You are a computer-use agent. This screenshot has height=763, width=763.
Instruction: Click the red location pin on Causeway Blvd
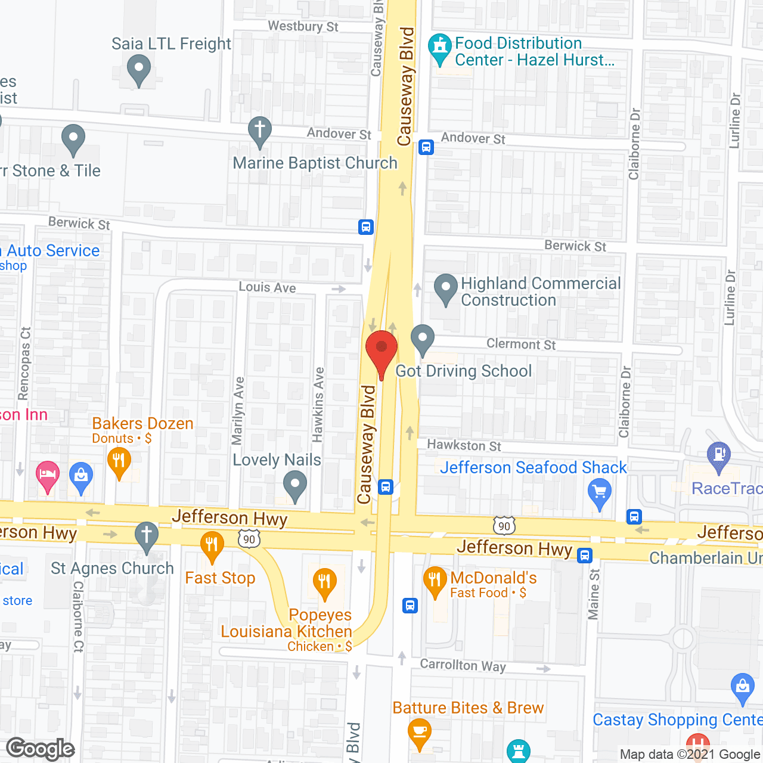coord(381,351)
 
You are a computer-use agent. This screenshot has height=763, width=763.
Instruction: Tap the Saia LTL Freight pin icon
coord(139,70)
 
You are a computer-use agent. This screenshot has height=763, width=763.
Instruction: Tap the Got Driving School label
coord(463,371)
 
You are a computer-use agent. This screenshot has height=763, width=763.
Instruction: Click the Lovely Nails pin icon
coord(294,485)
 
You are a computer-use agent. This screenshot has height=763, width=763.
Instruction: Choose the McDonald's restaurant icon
coord(435,581)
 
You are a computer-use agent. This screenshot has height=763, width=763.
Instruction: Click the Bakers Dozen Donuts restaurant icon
coord(119,463)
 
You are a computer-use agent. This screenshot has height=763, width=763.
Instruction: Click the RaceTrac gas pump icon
coord(719,456)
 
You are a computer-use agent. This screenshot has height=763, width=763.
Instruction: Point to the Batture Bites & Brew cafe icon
coord(420,733)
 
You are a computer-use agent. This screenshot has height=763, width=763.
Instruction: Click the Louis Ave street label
coord(267,287)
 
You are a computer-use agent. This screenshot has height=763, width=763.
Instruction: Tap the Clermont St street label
coord(521,344)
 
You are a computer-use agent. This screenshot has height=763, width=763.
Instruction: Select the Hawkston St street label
coord(464,445)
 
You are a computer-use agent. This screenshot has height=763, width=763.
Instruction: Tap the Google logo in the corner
coord(41,749)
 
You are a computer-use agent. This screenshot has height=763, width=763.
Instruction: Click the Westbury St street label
coord(303,26)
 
